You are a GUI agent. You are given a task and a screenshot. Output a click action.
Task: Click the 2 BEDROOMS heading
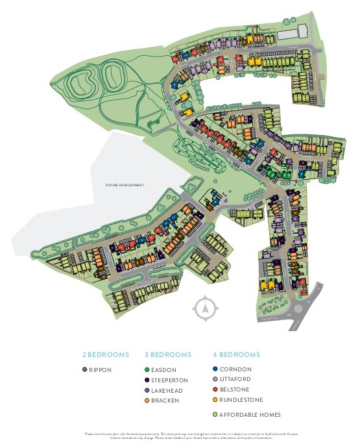105,354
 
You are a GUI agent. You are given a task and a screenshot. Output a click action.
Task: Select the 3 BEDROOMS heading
167,354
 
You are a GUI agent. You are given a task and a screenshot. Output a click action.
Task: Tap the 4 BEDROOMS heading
236,354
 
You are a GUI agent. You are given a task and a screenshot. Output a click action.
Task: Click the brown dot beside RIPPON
84,369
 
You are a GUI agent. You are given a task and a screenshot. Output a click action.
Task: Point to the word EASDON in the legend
163,369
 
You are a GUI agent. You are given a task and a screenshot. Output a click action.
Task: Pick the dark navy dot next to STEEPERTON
147,380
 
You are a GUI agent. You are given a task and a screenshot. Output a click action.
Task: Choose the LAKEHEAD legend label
167,390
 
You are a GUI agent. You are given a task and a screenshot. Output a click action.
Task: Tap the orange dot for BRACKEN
147,401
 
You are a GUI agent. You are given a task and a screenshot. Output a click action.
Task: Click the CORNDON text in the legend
235,369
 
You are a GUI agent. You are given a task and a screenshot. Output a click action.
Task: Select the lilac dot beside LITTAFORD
215,380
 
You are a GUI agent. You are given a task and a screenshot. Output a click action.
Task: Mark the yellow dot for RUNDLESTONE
215,401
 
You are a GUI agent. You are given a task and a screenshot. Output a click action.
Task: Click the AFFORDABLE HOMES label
249,414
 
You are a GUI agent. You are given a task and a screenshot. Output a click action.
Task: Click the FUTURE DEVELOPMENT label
125,185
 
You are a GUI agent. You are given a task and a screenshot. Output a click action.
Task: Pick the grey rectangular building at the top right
293,32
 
